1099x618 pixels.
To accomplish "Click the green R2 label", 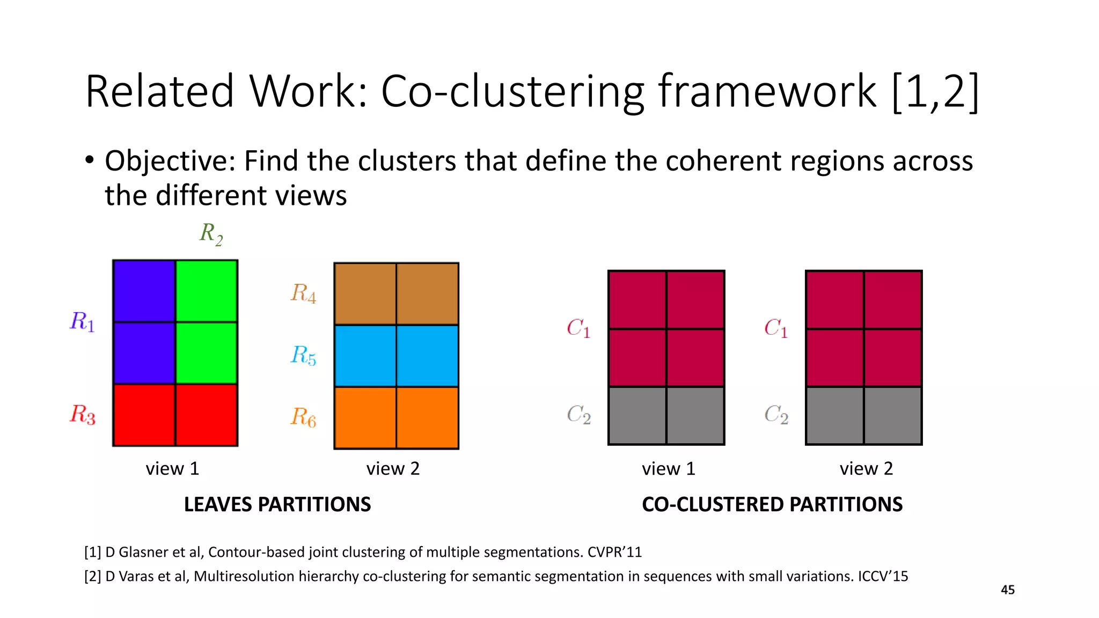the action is (x=211, y=234).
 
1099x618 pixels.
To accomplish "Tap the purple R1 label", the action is (x=82, y=322).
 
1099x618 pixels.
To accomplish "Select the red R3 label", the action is (x=83, y=415).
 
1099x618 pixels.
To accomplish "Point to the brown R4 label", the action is (x=303, y=293).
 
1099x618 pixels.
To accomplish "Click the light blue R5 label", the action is (x=303, y=355).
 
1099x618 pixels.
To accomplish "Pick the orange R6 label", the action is (x=303, y=417).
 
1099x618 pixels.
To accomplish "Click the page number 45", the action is (x=1008, y=590).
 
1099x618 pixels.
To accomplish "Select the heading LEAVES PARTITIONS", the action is (x=277, y=505).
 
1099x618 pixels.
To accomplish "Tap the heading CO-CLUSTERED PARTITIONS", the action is (x=772, y=505).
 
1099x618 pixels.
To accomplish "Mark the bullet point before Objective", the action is (x=90, y=160).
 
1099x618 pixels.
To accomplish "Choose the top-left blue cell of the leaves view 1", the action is (x=144, y=291).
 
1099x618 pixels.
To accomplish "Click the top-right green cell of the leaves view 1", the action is (x=207, y=291).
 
